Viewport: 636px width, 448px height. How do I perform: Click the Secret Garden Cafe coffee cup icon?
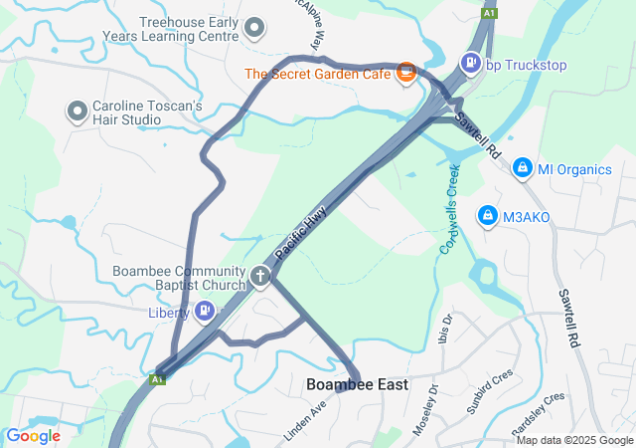pyautogui.click(x=405, y=72)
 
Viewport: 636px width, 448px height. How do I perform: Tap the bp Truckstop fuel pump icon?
pyautogui.click(x=469, y=64)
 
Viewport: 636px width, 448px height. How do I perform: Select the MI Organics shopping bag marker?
pyautogui.click(x=521, y=169)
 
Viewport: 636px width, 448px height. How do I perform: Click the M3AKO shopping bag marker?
pyautogui.click(x=487, y=215)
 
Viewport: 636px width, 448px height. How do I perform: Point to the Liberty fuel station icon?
pyautogui.click(x=204, y=313)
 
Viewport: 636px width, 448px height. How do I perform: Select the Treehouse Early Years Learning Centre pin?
pyautogui.click(x=255, y=28)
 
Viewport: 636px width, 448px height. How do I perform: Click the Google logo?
pyautogui.click(x=32, y=436)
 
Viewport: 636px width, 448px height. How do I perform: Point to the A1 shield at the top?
pyautogui.click(x=489, y=13)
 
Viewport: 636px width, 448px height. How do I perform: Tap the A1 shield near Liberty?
pyautogui.click(x=157, y=379)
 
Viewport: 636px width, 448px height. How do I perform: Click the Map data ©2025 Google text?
pyautogui.click(x=573, y=440)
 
